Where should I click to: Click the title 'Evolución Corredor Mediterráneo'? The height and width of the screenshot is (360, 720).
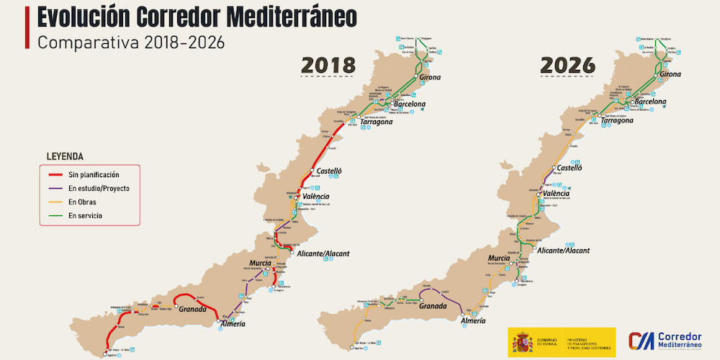coord(195,17)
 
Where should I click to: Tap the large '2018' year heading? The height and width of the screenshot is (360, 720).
coord(328,65)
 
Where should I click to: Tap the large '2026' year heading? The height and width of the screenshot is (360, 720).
coord(567,65)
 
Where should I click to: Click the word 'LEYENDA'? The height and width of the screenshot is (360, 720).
coord(65,156)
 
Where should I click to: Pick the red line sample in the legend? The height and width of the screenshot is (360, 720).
coord(53,175)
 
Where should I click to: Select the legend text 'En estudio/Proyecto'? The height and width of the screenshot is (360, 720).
coord(99,189)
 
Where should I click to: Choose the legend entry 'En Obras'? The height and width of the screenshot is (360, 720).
coord(82,202)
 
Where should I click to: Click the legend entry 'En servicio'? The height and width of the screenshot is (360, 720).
coord(85,216)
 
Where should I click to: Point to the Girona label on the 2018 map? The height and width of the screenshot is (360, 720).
coord(428,77)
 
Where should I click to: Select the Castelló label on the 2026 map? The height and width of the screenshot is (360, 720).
coord(569,168)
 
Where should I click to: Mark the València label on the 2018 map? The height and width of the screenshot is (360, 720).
coord(315,197)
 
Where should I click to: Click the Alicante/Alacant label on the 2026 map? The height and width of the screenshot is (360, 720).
coord(562,251)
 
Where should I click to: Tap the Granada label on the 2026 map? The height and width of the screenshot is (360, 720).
coord(431,306)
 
